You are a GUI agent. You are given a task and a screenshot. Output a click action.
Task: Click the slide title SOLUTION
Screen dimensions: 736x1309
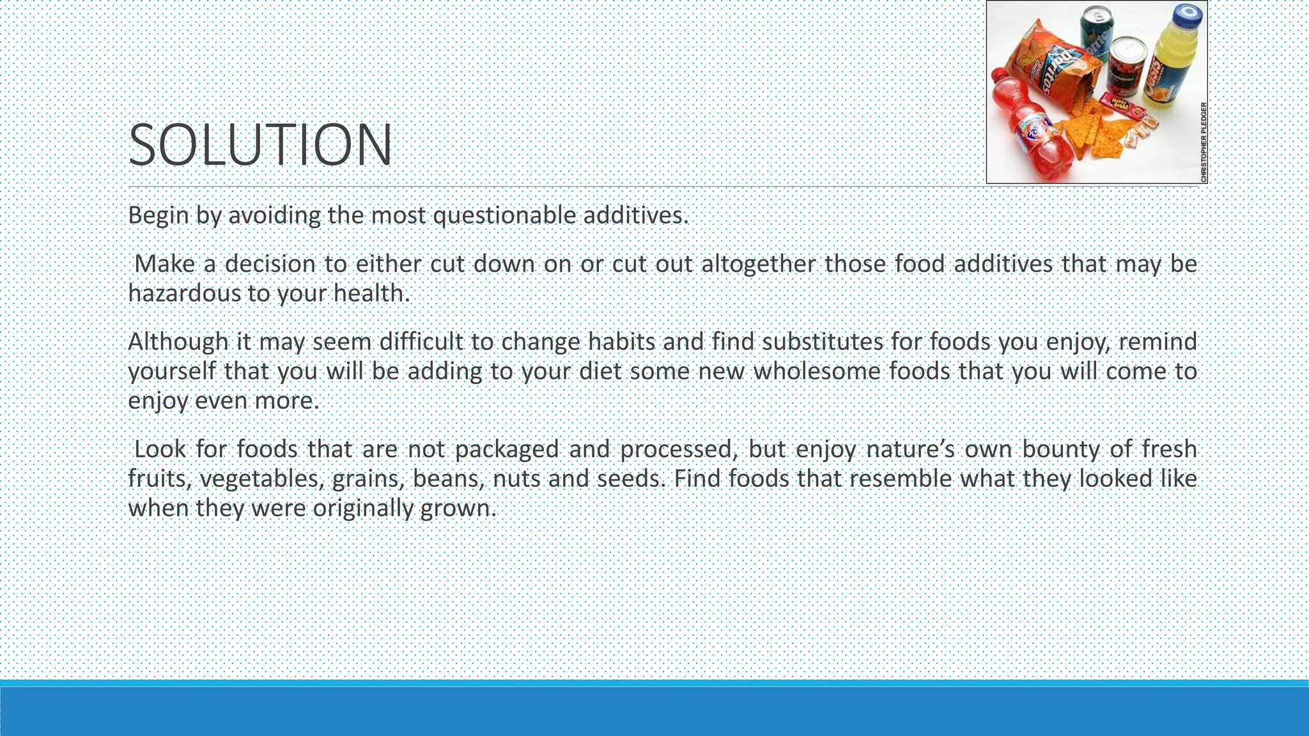pyautogui.click(x=260, y=146)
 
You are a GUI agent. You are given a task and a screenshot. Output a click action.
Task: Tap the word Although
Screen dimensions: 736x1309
pyautogui.click(x=178, y=342)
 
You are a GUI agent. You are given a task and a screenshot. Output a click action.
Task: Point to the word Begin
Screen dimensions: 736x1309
pyautogui.click(x=158, y=215)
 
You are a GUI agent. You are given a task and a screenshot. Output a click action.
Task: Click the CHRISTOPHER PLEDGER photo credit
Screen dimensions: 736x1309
pyautogui.click(x=1203, y=142)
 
